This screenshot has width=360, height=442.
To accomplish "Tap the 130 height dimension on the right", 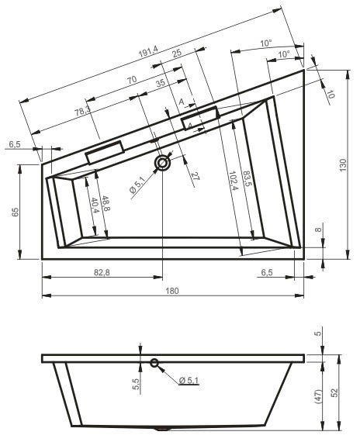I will click(x=341, y=164).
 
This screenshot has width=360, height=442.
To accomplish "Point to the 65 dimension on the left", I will click(x=15, y=211).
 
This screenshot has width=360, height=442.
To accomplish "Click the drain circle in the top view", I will click(x=164, y=164).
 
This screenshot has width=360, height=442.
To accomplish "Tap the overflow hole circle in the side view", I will click(x=154, y=363).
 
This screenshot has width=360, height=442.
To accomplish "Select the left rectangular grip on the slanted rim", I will click(x=106, y=151).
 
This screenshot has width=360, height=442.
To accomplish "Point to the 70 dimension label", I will click(x=132, y=80).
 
